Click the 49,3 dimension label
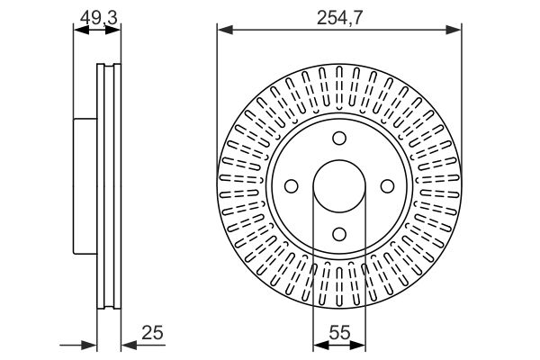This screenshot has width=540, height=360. (99, 18)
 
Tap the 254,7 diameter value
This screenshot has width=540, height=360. (339, 18)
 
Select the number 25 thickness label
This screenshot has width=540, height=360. (152, 332)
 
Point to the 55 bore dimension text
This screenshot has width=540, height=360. (339, 332)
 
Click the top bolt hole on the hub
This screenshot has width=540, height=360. (339, 138)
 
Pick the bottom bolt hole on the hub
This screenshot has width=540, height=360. (339, 234)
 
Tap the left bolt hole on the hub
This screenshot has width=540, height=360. (292, 186)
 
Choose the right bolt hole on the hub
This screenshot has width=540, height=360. (387, 186)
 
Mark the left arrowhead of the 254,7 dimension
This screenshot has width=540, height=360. (225, 30)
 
